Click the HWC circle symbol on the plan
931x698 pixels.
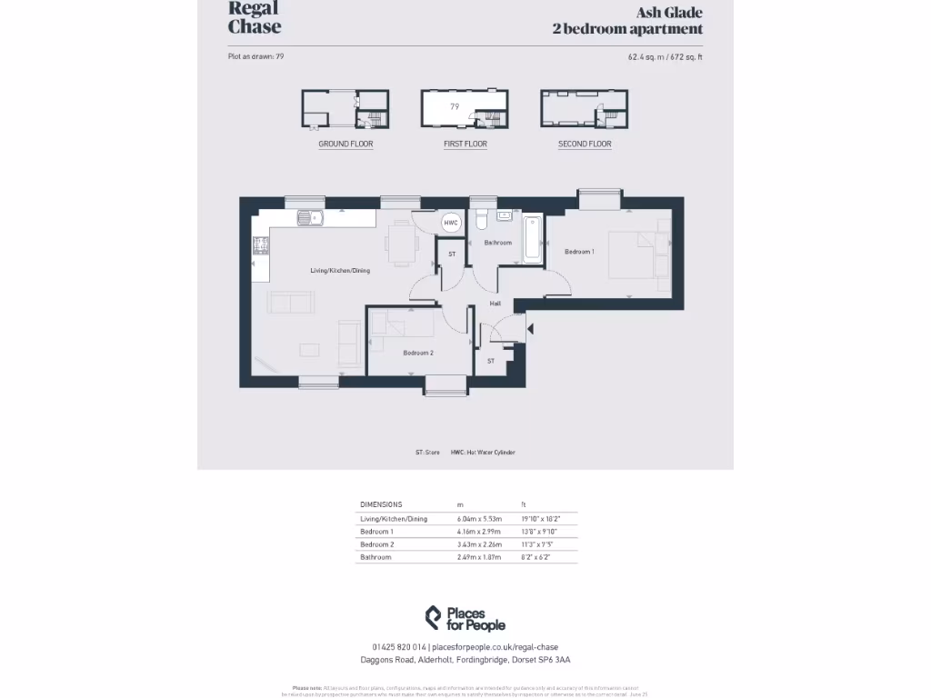click(x=451, y=223)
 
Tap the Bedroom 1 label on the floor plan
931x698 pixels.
click(x=579, y=252)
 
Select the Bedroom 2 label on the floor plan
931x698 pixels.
click(x=418, y=353)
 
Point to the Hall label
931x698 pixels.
click(x=496, y=304)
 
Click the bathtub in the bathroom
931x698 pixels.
click(x=532, y=239)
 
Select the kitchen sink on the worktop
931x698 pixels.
click(x=309, y=218)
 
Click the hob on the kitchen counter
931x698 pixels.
click(x=260, y=244)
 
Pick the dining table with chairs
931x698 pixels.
click(x=401, y=243)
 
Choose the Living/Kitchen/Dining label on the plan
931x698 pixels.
click(x=340, y=271)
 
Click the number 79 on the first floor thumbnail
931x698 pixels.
click(x=455, y=106)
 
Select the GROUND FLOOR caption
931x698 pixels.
click(x=345, y=145)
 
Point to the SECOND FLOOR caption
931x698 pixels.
click(x=585, y=145)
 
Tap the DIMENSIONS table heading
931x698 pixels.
click(x=381, y=504)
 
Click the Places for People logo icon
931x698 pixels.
click(x=434, y=618)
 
